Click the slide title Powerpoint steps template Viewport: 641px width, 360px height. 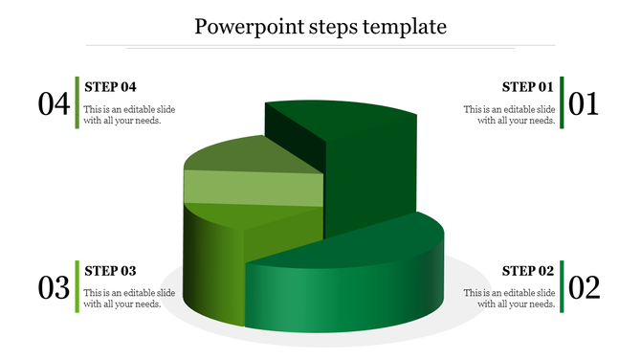(x=320, y=26)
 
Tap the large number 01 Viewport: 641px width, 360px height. (x=584, y=103)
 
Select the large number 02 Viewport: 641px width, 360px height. (x=584, y=287)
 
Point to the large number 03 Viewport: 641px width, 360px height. (x=55, y=287)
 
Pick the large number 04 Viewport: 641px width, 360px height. (x=55, y=103)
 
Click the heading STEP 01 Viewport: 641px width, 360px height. (x=528, y=86)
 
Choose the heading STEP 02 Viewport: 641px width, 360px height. (x=528, y=270)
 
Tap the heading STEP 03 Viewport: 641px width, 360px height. (x=111, y=270)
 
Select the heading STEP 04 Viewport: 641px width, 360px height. (x=111, y=86)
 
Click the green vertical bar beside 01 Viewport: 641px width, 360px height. (x=563, y=101)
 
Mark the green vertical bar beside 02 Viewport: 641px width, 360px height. (x=563, y=285)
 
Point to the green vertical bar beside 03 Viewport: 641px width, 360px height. (x=77, y=285)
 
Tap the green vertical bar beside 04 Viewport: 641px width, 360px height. (x=77, y=101)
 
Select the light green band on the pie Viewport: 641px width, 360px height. (x=254, y=189)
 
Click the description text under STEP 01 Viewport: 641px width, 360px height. (x=509, y=115)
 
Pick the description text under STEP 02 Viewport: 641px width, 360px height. (x=509, y=299)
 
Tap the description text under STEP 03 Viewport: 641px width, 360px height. (x=129, y=299)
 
